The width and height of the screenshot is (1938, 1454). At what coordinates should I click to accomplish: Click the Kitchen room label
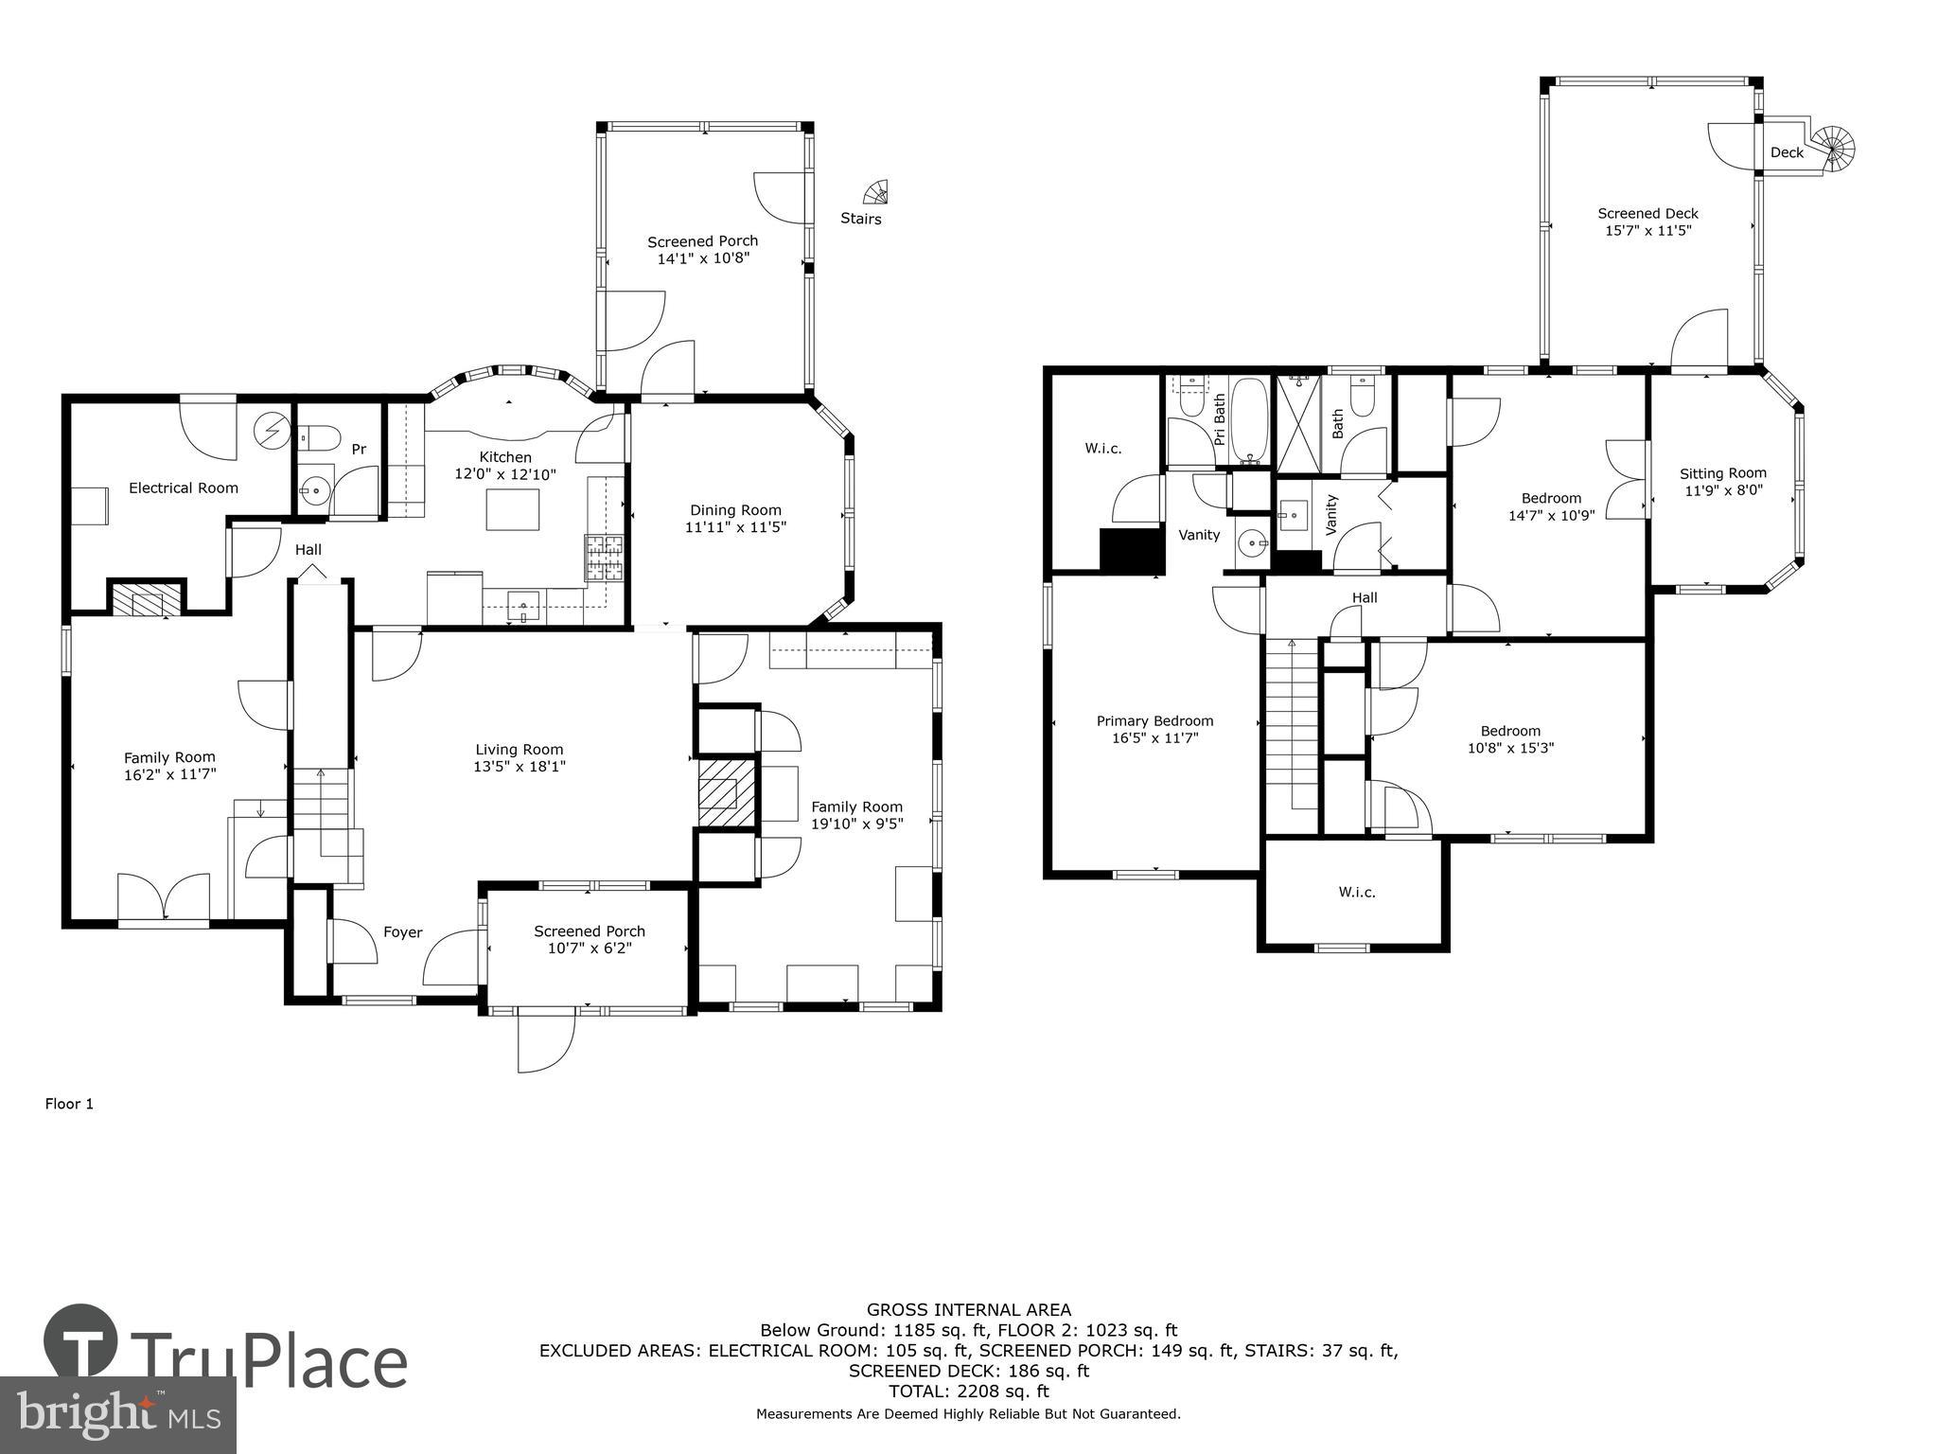(505, 457)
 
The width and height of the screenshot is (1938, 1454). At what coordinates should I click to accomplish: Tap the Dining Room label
(735, 510)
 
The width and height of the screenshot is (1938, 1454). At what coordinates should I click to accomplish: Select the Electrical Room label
(184, 488)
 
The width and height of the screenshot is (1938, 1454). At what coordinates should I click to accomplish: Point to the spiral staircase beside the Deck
(1838, 150)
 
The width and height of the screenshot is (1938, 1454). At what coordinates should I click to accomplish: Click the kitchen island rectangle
(513, 509)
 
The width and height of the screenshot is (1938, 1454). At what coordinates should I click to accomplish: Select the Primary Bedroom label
(1154, 720)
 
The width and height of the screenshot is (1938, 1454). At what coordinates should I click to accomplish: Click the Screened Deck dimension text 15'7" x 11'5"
(1647, 230)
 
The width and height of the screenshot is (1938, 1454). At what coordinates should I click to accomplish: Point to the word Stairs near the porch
(860, 219)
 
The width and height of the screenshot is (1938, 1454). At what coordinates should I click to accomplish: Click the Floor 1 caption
(69, 1104)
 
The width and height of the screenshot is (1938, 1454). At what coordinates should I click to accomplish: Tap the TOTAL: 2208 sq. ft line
(968, 1392)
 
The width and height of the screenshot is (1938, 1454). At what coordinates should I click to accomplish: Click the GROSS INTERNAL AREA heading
(969, 1310)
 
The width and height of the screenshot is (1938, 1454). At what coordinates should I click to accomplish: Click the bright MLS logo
(118, 1415)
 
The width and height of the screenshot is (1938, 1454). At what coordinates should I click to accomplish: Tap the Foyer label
(402, 932)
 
